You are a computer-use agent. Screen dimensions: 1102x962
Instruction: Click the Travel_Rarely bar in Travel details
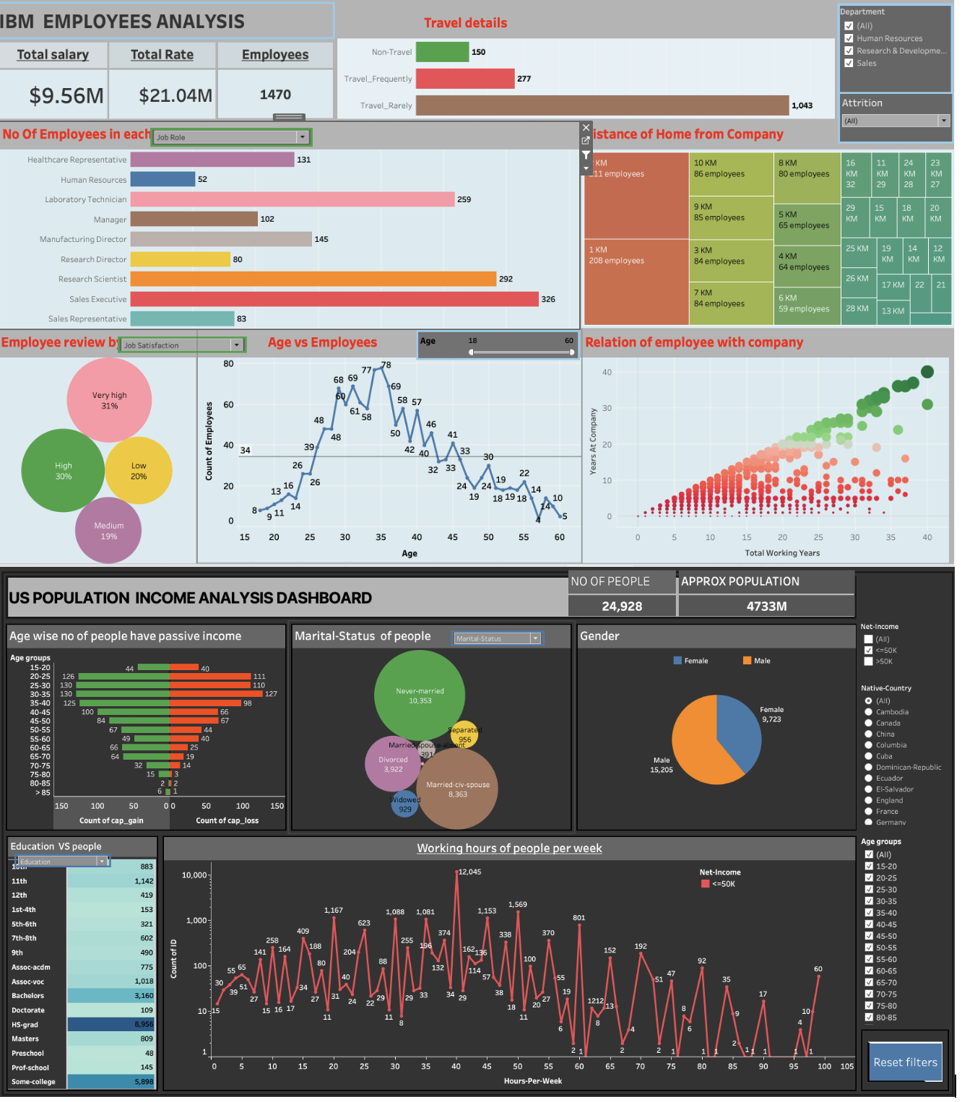(x=602, y=105)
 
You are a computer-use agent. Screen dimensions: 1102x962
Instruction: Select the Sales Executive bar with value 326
(x=334, y=299)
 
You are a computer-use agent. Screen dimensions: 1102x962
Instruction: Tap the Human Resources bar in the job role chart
(x=162, y=179)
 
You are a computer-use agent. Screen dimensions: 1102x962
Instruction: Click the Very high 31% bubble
(x=109, y=400)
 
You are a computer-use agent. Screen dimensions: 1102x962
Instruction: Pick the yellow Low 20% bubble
(x=139, y=471)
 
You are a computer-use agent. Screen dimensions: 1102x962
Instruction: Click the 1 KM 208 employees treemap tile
(x=636, y=282)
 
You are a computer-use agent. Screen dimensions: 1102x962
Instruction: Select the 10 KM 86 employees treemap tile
(x=731, y=173)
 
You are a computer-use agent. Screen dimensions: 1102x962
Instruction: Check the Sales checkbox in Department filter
(x=849, y=64)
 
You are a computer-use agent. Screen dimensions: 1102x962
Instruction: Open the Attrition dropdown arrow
(x=943, y=121)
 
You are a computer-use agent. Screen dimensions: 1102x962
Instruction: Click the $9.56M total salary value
(x=66, y=95)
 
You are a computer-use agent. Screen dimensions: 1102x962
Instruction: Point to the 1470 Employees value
(x=275, y=95)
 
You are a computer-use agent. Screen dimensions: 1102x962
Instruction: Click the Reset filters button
(x=905, y=1062)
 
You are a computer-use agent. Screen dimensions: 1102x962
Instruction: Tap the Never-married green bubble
(x=420, y=695)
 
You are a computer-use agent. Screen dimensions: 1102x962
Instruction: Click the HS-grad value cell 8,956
(x=111, y=1024)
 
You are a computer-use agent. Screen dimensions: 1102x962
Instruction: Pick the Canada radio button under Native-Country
(x=869, y=723)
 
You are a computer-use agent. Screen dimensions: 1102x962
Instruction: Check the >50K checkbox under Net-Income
(x=869, y=661)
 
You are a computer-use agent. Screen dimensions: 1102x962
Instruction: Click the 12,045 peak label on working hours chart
(x=469, y=872)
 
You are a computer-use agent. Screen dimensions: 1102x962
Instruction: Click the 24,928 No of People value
(x=622, y=607)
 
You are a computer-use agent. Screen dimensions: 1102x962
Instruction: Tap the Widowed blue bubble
(x=404, y=804)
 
